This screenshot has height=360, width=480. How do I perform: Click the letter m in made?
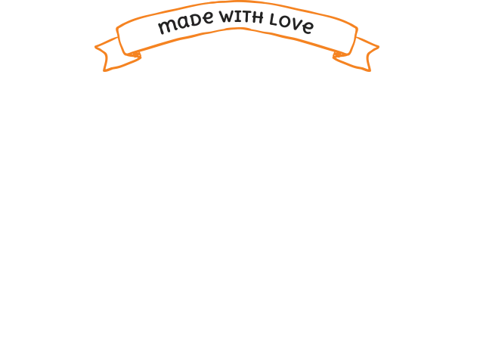166,29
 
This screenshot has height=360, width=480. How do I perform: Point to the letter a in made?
178,26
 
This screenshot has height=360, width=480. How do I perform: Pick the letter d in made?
189,22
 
